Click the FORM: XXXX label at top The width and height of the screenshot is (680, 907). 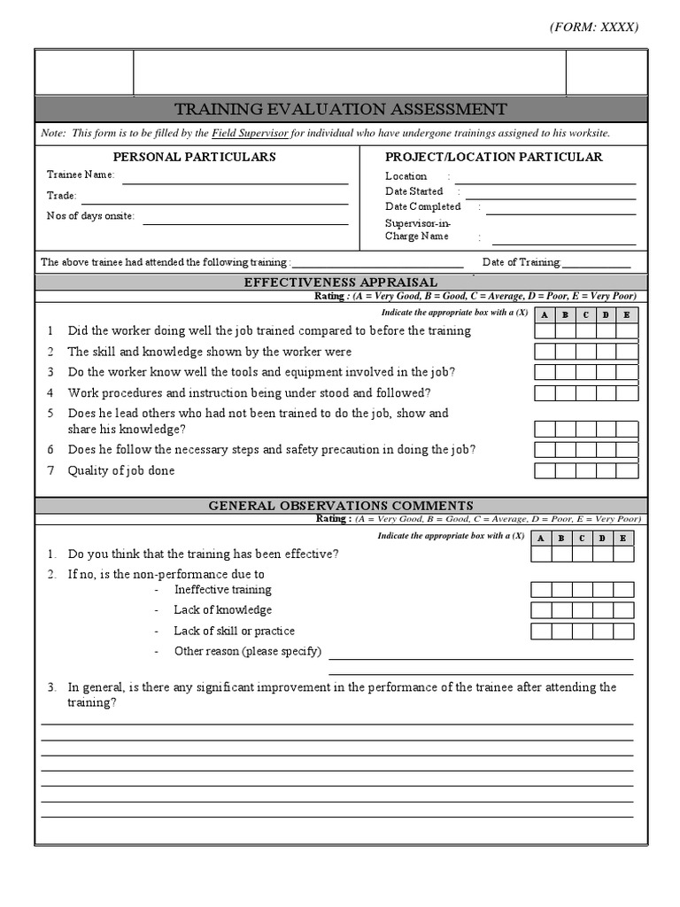(x=593, y=27)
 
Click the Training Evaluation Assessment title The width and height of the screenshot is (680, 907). (x=341, y=109)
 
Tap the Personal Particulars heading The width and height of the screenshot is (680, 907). (x=195, y=157)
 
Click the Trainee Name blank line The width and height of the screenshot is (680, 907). (x=235, y=178)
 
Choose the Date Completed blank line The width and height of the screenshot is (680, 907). (x=560, y=209)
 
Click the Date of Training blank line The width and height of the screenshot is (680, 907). (x=597, y=263)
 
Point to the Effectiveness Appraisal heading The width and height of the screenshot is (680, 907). (x=341, y=283)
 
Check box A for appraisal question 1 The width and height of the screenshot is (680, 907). (x=545, y=331)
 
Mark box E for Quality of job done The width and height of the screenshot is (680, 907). (x=627, y=471)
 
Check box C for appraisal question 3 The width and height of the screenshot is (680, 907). (x=585, y=373)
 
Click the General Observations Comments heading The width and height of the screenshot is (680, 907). (x=341, y=506)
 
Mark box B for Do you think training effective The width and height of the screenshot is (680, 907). (x=561, y=554)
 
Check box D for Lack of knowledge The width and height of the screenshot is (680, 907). (x=603, y=610)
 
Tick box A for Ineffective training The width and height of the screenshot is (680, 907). (x=541, y=590)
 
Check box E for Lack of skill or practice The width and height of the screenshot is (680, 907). (x=623, y=632)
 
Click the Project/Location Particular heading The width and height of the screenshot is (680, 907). (x=494, y=157)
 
